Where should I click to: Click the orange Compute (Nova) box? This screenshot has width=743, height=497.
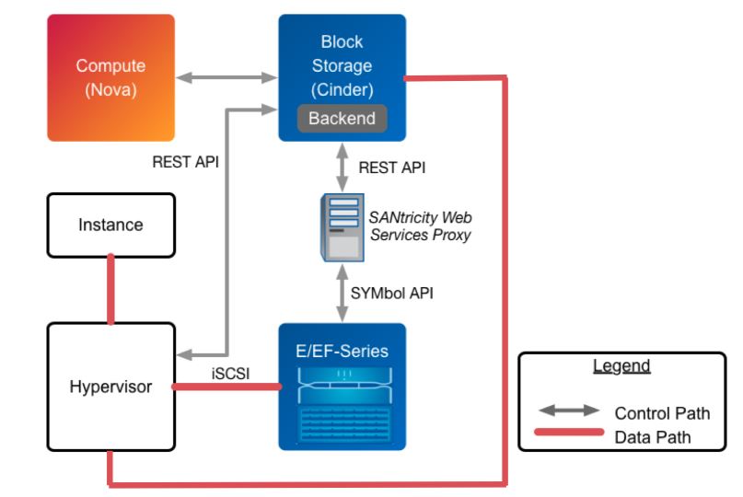pos(110,77)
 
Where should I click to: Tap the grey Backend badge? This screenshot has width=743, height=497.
pos(342,118)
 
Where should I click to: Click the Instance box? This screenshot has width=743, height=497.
pos(110,225)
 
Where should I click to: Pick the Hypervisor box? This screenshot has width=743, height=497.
pos(110,387)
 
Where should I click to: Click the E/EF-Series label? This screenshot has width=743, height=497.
pos(342,352)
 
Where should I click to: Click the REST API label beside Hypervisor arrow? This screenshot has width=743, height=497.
pos(186,162)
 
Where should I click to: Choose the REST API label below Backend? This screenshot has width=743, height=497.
pos(391,168)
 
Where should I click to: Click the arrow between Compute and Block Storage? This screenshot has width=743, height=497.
pos(226,78)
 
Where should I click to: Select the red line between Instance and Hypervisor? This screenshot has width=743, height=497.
pos(110,289)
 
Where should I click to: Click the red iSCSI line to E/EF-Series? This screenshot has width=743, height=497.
pos(226,387)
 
